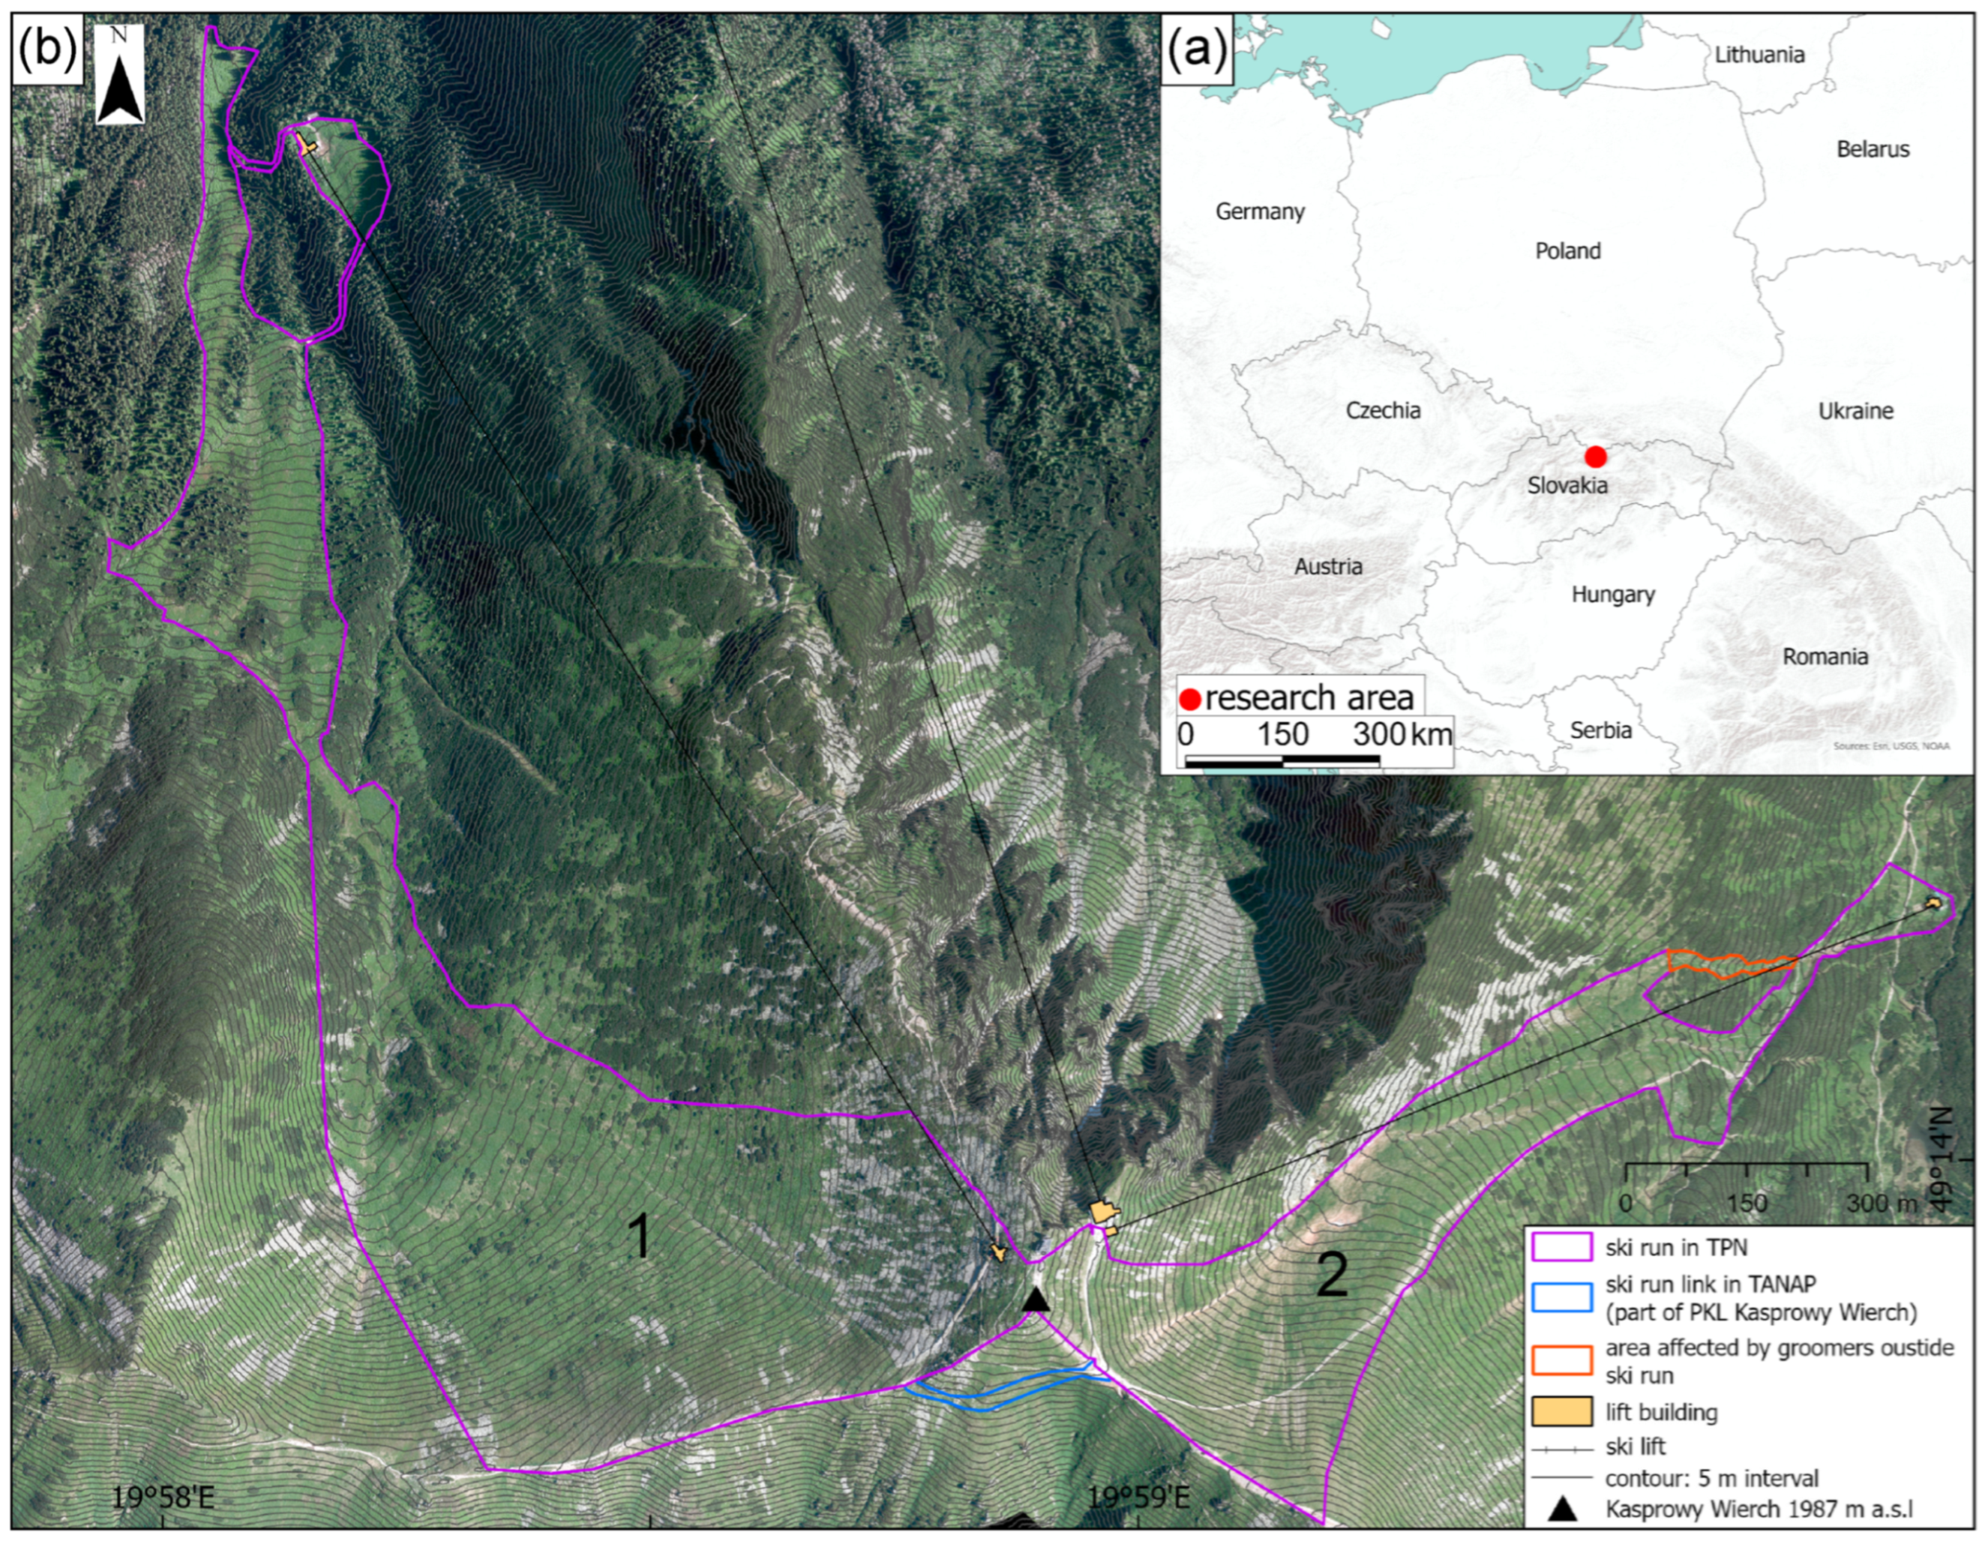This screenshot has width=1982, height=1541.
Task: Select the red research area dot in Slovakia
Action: (1594, 456)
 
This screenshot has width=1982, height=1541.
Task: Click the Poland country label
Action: (1567, 250)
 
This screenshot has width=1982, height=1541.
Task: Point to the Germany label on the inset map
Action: (1260, 211)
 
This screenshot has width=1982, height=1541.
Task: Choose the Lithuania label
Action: (1759, 55)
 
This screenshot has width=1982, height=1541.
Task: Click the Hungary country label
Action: (1612, 595)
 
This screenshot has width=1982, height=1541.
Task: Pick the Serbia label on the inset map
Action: (1600, 730)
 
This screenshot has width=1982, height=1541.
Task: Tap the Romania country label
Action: (1825, 656)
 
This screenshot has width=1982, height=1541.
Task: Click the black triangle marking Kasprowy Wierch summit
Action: (1036, 1300)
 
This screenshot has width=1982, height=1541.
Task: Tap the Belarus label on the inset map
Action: (1873, 148)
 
